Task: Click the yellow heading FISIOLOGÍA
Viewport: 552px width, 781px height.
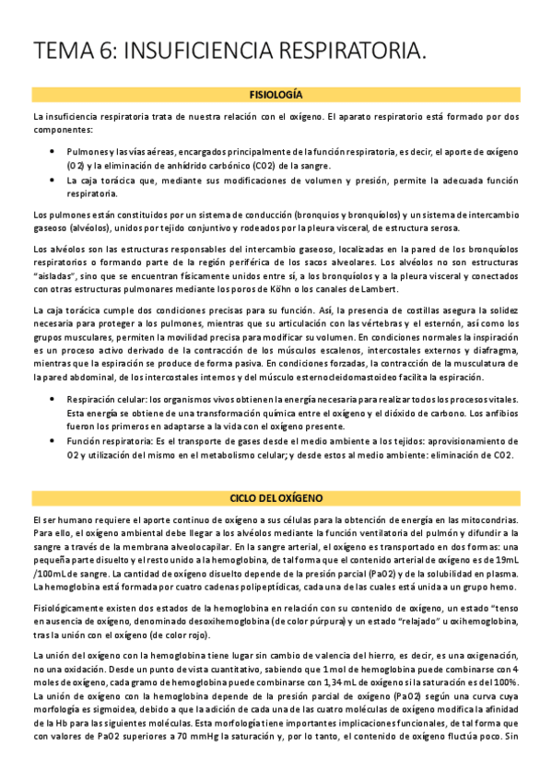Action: (276, 95)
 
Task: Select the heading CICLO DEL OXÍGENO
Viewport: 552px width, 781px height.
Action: (276, 498)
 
